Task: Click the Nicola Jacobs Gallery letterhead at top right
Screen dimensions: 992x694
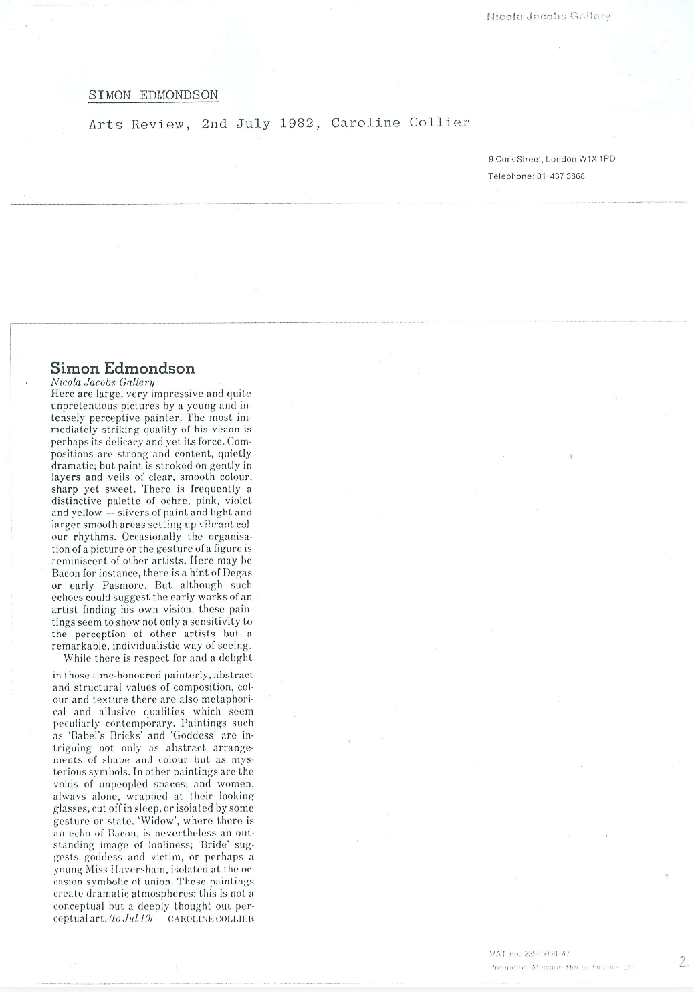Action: coord(548,16)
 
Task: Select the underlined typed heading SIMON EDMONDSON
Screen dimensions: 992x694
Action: coord(153,95)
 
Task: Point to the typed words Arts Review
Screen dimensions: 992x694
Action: coord(136,124)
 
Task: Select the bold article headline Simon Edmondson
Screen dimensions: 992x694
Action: coord(123,368)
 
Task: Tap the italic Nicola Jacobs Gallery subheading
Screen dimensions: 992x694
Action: coord(103,382)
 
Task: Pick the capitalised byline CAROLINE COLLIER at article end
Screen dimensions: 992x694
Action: coord(211,919)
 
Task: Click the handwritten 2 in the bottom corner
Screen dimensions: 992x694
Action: coord(683,962)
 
